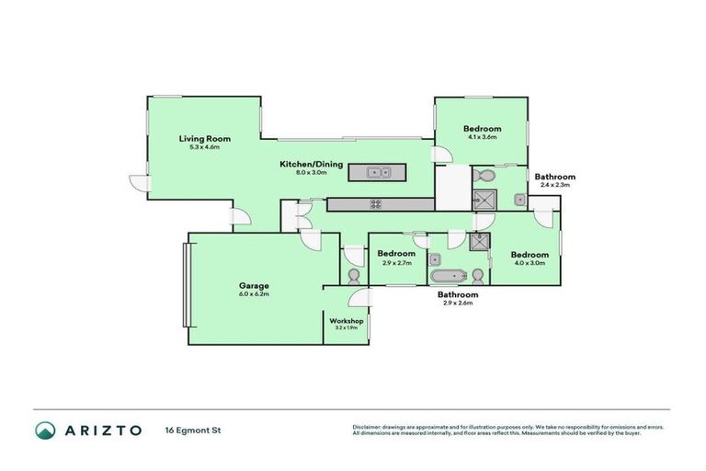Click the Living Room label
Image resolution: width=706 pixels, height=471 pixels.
(x=204, y=139)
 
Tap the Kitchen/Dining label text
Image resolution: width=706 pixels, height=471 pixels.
(x=312, y=165)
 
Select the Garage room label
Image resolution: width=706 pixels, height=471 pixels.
(x=254, y=285)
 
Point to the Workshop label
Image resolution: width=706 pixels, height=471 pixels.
(x=345, y=320)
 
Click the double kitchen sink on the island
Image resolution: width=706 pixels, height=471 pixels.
(x=378, y=172)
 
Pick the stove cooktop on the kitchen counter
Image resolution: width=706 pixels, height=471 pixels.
(x=376, y=203)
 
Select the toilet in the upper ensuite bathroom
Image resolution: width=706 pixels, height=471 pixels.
(x=484, y=175)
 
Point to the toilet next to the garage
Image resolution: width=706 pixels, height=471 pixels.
(x=354, y=274)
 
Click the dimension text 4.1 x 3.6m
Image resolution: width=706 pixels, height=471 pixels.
(x=482, y=137)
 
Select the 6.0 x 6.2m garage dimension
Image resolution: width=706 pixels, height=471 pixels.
(x=254, y=294)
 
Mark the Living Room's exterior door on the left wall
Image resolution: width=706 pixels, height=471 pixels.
(x=138, y=183)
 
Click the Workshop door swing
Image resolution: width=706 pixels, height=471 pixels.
(x=360, y=297)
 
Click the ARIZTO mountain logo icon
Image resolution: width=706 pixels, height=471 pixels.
(x=45, y=430)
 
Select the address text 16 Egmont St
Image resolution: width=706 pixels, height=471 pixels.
(x=193, y=430)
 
